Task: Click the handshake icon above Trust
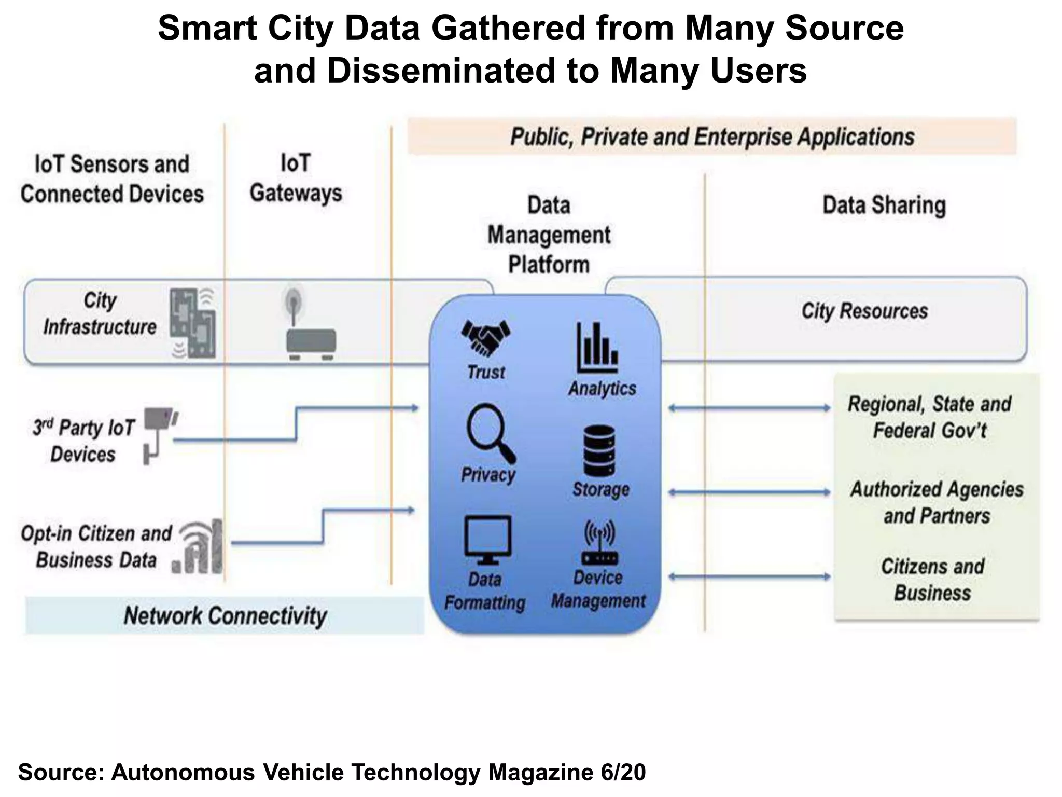pyautogui.click(x=485, y=338)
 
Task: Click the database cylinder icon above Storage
pyautogui.click(x=599, y=450)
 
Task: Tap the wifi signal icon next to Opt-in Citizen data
pyautogui.click(x=200, y=547)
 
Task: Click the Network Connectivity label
pyautogui.click(x=225, y=616)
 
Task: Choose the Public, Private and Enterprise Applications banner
pyautogui.click(x=711, y=136)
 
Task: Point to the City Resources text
pyautogui.click(x=864, y=311)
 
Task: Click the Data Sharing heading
pyautogui.click(x=884, y=204)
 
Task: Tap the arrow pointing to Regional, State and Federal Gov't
pyautogui.click(x=749, y=408)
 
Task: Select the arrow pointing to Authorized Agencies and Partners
pyautogui.click(x=749, y=492)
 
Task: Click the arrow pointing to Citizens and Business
pyautogui.click(x=749, y=576)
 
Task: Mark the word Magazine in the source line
pyautogui.click(x=540, y=772)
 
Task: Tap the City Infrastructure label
pyautogui.click(x=100, y=314)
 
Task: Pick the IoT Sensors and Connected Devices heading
pyautogui.click(x=112, y=179)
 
